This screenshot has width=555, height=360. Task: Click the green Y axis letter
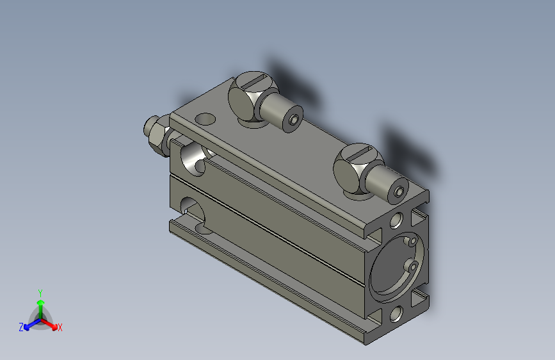click(x=40, y=293)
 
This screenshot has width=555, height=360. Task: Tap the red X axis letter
click(x=60, y=328)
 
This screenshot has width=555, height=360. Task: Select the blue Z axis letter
click(x=21, y=327)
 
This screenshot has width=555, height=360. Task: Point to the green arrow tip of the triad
click(x=41, y=302)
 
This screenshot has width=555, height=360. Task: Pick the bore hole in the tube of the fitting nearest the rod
click(x=293, y=120)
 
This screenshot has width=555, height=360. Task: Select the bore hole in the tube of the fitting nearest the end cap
click(x=399, y=192)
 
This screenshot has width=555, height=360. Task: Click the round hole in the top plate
click(x=205, y=119)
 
